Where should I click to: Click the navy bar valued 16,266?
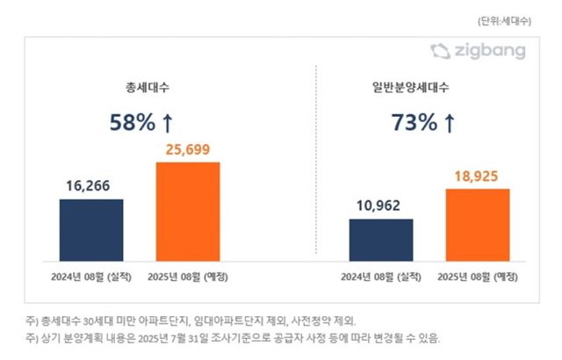coord(91,229)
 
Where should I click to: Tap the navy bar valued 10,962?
coord(381,239)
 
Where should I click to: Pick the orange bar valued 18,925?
coord(477,224)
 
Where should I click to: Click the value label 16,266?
coord(91,186)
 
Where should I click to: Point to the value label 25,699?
coord(188,148)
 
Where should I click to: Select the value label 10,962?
coord(381,206)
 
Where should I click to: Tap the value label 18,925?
coord(477,176)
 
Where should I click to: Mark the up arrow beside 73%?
coord(450,123)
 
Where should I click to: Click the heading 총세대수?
coord(140,88)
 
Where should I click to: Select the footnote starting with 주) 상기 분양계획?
coord(233,337)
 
